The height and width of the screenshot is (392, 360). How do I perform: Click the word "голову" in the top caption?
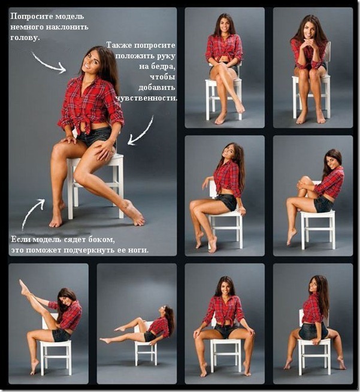pyautogui.click(x=25, y=37)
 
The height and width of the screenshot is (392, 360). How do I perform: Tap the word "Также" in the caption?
pyautogui.click(x=119, y=45)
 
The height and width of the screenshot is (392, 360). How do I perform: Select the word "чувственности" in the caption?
pyautogui.click(x=147, y=98)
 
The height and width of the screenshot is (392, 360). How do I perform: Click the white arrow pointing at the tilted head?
pyautogui.click(x=49, y=63)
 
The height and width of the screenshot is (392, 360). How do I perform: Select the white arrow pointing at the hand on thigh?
pyautogui.click(x=141, y=131)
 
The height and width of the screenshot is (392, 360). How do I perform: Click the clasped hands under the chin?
pyautogui.click(x=310, y=46)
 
